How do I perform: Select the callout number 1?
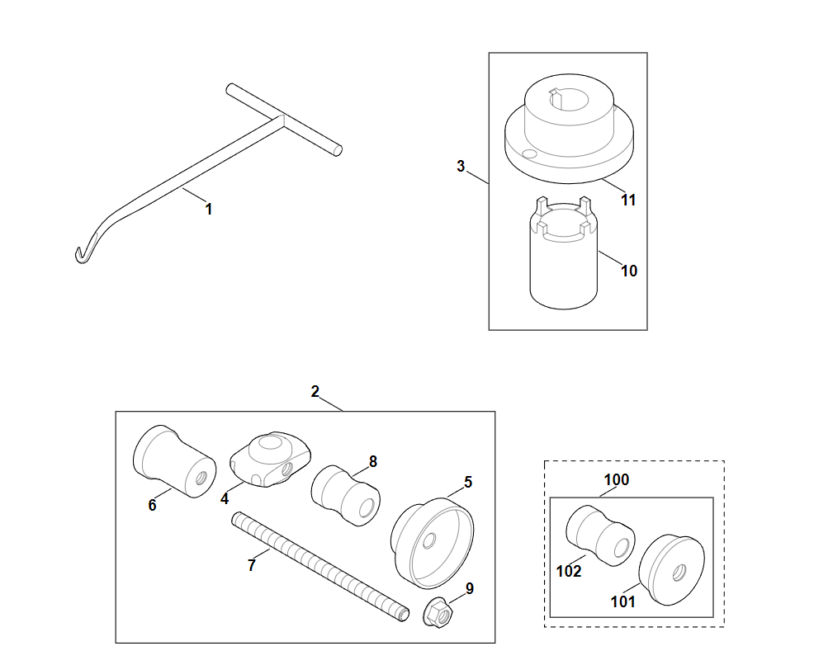pos(209,209)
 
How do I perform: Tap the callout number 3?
pos(461,166)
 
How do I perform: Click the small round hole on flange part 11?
pos(529,153)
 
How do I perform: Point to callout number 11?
pos(628,200)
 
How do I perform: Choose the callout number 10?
pos(629,271)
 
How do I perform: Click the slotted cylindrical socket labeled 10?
pos(564,253)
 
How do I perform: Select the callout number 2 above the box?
pos(315,392)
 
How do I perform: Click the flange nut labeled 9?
pos(438,613)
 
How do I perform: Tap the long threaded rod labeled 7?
pos(320,567)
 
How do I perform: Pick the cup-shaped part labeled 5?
pos(432,543)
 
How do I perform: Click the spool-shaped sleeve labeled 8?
pos(346,495)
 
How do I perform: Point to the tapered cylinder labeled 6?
pos(174,462)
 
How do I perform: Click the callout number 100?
pos(616,480)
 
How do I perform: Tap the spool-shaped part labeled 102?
pos(600,536)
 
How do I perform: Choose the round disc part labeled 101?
pos(671,569)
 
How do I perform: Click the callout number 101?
pos(623,601)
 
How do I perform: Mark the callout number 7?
pos(252,565)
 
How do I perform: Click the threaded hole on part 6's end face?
pos(201,478)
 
